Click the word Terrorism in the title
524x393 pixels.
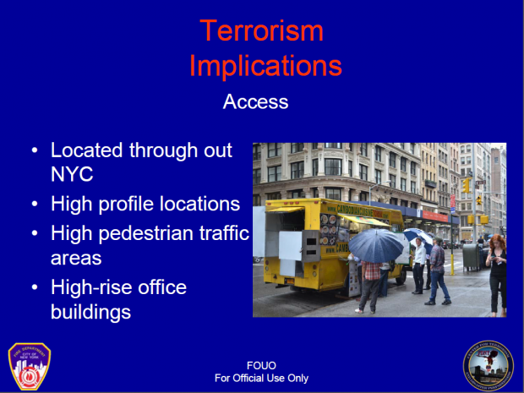pos(262,30)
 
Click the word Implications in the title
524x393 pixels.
pos(265,65)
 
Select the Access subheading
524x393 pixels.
pos(255,102)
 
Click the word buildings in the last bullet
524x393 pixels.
pos(90,311)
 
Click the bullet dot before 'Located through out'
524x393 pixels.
pos(34,151)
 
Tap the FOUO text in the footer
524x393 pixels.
pos(261,366)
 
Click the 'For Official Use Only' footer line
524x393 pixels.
pos(261,378)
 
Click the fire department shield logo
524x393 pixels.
pos(30,365)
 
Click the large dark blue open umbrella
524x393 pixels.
pos(376,246)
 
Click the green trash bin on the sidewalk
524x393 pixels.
pos(470,256)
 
